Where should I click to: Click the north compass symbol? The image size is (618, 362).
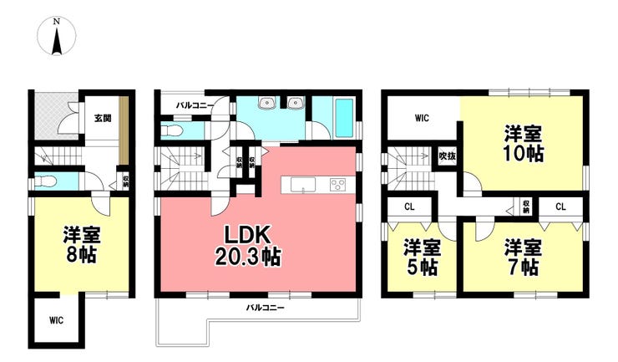point(57,36)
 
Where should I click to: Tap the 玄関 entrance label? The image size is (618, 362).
point(103,118)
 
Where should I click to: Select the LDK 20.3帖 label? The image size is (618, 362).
point(247,246)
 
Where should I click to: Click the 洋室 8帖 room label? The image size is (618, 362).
point(82,245)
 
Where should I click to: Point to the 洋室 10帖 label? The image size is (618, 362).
point(524,144)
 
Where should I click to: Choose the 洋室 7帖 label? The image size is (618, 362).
point(524,257)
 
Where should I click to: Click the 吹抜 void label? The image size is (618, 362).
point(448,156)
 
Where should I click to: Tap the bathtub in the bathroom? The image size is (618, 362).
point(344,117)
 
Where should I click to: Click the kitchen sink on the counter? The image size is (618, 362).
point(302,185)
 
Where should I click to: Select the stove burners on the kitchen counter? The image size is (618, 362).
point(337,185)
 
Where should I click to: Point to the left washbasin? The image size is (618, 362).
point(267,103)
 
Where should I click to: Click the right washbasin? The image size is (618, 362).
point(295,103)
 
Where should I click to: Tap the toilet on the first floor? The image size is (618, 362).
point(46,182)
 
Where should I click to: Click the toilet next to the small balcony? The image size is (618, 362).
point(171,130)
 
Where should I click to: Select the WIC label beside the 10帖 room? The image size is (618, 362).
point(422,118)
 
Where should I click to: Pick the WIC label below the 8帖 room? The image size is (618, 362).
point(56,320)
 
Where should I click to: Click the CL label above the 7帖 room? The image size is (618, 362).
point(560,206)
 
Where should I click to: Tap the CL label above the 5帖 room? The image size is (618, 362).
point(409,206)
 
